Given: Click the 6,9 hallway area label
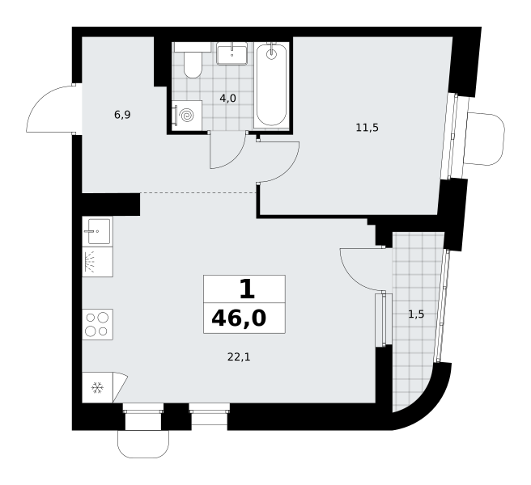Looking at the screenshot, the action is point(122,115).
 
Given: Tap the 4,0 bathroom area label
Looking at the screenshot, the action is point(227,99).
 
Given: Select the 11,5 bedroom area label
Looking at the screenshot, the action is point(367,128).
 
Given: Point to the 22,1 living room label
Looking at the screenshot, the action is point(239,356).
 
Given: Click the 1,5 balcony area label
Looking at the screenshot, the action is point(416,314).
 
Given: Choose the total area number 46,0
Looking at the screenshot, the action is point(239,318).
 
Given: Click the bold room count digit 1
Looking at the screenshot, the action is point(247,290).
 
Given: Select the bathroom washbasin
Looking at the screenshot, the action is point(232,53).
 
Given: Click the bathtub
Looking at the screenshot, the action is point(271,85).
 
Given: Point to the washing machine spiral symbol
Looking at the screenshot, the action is point(187,116).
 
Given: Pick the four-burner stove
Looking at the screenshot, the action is point(97,324).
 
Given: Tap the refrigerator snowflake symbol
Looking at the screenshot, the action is point(97,387).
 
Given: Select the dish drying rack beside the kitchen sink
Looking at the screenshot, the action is point(97,262).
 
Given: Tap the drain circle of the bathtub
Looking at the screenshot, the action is point(271,54).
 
